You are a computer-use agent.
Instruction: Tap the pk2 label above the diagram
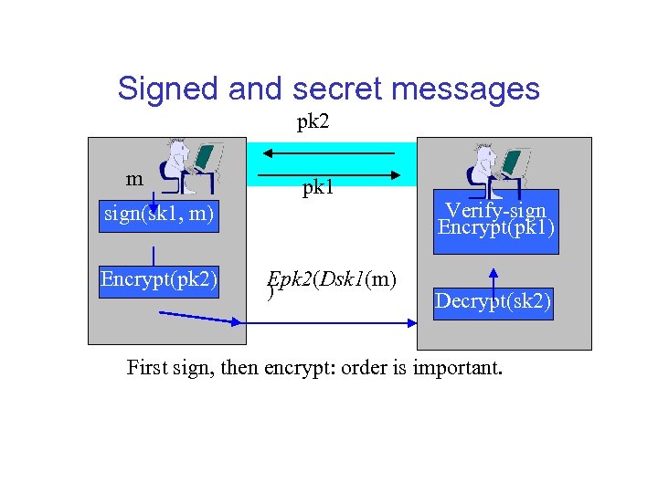click(313, 121)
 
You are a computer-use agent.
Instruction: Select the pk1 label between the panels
click(318, 189)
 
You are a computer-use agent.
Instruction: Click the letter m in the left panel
click(134, 179)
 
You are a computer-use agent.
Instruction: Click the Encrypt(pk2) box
click(159, 278)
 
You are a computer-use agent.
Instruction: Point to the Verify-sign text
click(496, 210)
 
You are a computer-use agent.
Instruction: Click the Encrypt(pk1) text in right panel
click(496, 227)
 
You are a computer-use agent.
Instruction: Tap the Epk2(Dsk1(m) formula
click(332, 280)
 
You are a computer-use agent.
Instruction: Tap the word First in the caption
click(146, 369)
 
